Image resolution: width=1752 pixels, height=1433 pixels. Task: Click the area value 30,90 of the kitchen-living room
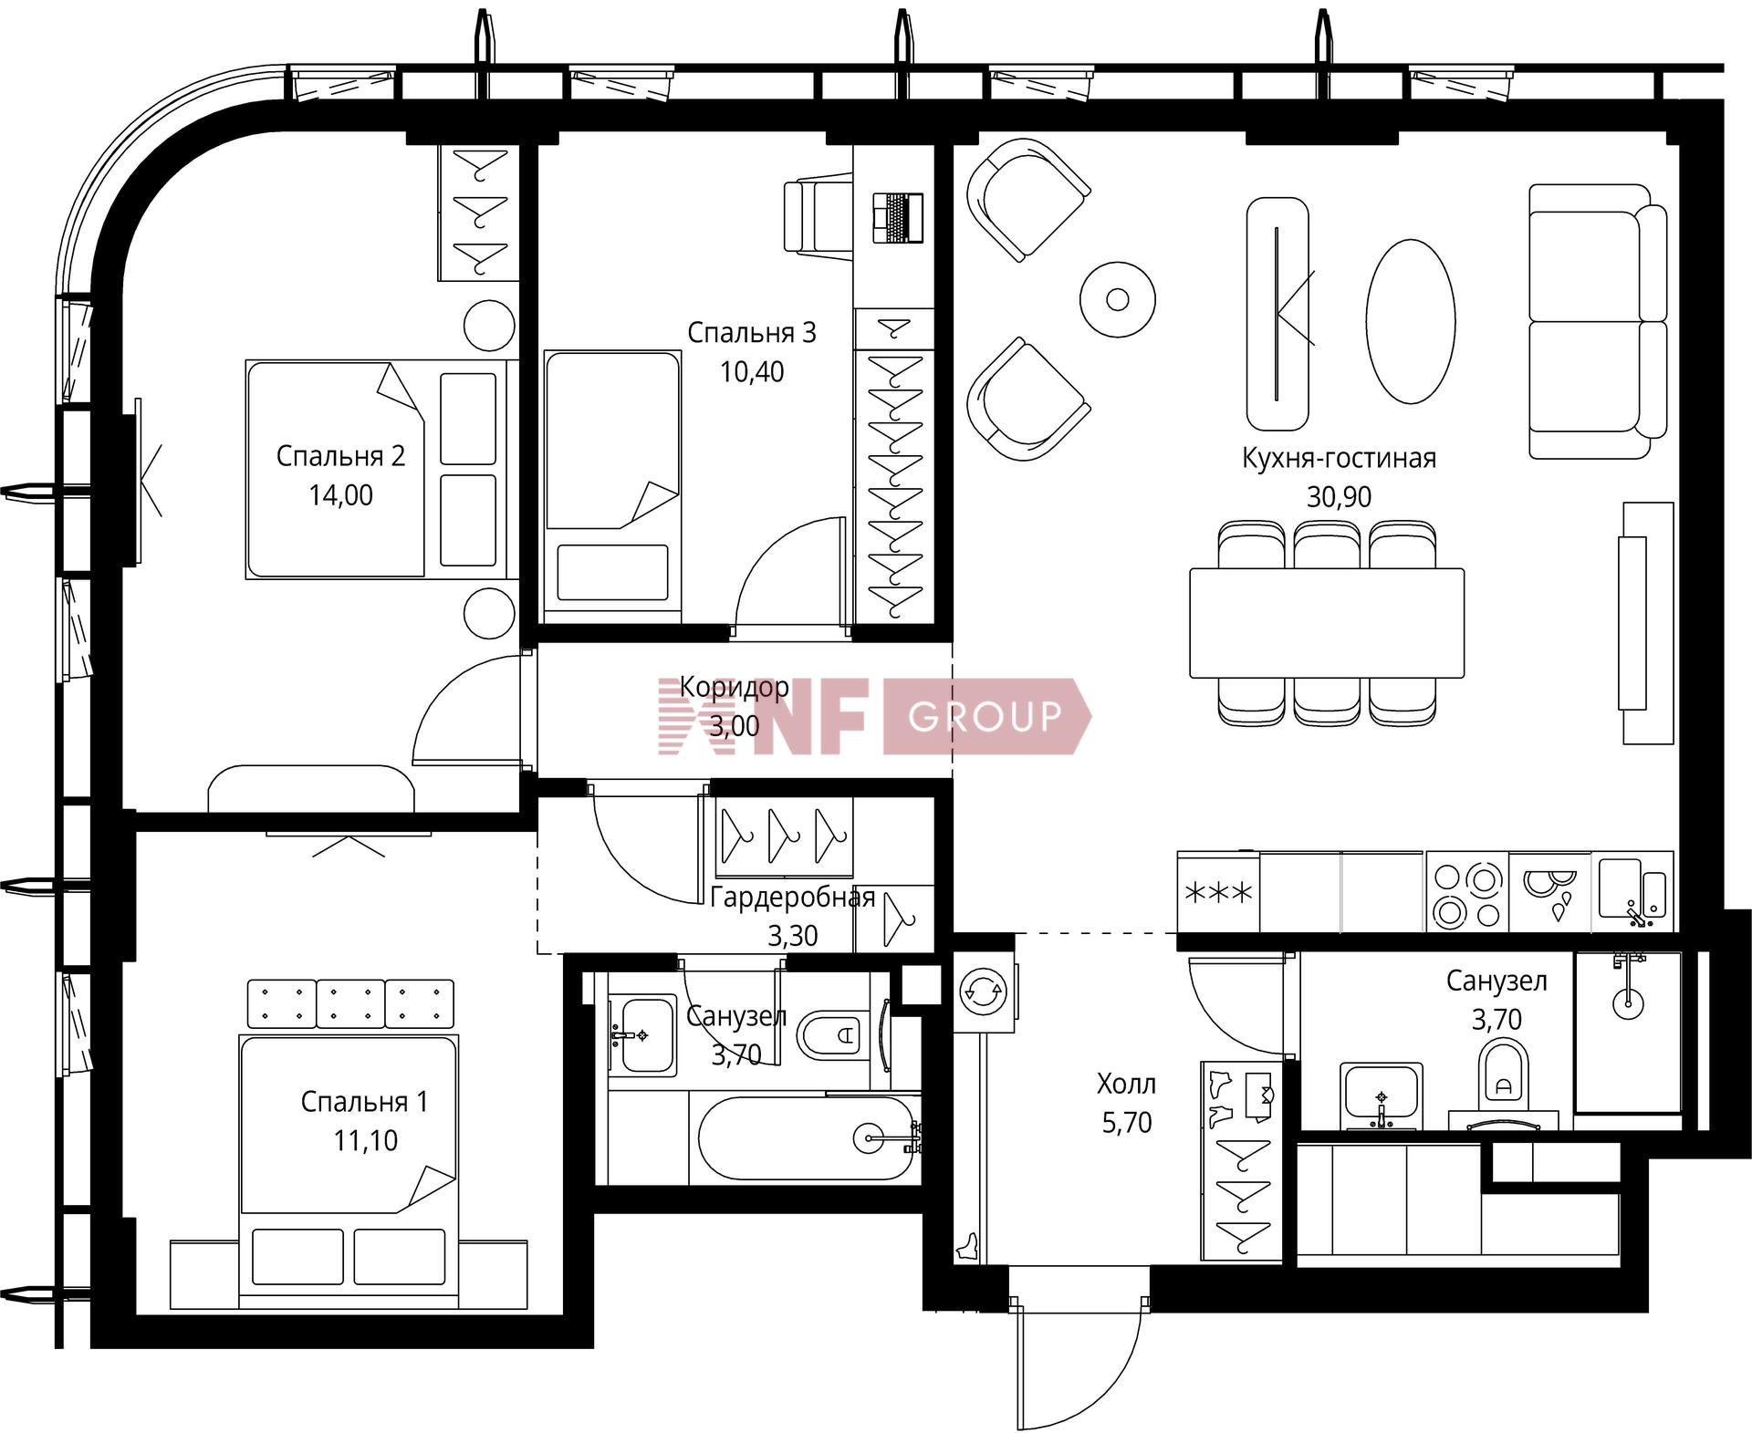click(1339, 497)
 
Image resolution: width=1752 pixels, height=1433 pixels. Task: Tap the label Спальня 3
click(751, 333)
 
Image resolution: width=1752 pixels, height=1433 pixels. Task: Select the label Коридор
click(735, 687)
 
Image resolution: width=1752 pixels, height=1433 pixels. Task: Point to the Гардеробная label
click(792, 898)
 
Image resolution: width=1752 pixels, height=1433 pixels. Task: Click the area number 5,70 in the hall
click(1127, 1123)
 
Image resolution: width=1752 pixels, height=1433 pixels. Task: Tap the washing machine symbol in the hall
click(984, 992)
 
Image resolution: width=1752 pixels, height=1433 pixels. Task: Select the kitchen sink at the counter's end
click(1632, 892)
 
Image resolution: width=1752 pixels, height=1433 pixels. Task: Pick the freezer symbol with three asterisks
click(1218, 892)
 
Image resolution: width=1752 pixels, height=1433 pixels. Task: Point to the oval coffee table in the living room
click(1410, 320)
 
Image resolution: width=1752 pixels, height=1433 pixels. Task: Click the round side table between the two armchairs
click(1118, 298)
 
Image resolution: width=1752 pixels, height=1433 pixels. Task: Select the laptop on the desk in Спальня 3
click(897, 218)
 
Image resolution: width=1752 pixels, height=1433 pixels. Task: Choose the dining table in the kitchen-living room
click(1327, 623)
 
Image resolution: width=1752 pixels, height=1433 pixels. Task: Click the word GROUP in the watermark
click(985, 716)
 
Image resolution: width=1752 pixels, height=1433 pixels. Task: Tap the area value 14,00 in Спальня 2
click(340, 495)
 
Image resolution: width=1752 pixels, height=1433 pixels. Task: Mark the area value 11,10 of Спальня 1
click(365, 1140)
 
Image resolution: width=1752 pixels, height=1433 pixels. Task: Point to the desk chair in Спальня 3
click(819, 217)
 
